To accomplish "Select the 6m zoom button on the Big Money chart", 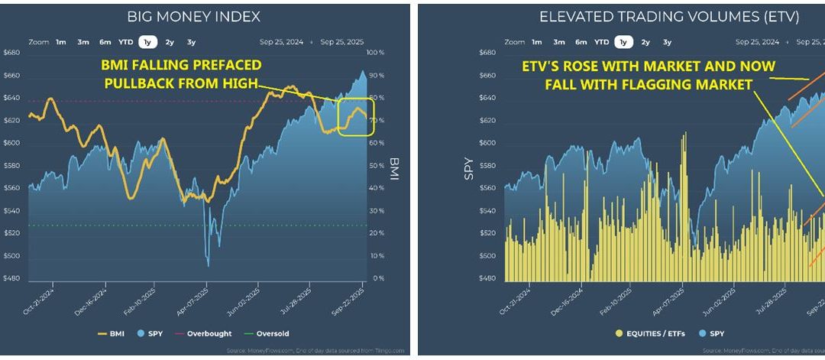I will tap(105, 43).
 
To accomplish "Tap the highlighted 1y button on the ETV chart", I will tap(623, 43).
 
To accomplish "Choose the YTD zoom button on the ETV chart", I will tap(602, 43).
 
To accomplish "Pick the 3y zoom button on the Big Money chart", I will tap(191, 43).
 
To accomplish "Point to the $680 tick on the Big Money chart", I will tap(13, 53).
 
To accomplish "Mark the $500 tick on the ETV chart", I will tap(489, 256).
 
